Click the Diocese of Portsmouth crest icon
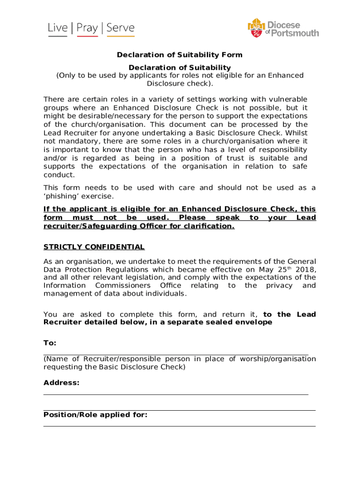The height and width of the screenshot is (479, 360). click(x=256, y=28)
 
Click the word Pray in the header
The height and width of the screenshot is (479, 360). click(x=87, y=29)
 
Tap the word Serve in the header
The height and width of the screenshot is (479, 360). click(x=120, y=29)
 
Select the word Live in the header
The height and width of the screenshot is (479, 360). click(x=58, y=29)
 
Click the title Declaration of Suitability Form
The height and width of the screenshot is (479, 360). click(x=180, y=55)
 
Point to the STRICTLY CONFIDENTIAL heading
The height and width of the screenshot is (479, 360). click(x=94, y=247)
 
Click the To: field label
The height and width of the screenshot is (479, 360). click(x=50, y=343)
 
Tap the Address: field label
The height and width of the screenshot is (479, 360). click(x=61, y=383)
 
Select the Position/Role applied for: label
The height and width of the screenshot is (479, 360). click(x=95, y=414)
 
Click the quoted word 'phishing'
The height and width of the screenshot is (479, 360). click(x=61, y=196)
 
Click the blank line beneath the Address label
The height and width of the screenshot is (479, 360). click(x=176, y=394)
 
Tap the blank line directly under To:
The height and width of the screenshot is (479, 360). click(x=176, y=355)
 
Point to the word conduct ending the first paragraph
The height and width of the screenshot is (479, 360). click(x=58, y=175)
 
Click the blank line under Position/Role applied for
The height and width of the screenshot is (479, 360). click(x=180, y=426)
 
